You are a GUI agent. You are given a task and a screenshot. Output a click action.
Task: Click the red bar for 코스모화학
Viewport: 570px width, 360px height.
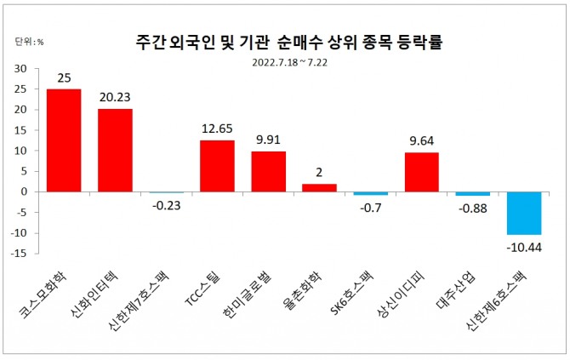click(64, 140)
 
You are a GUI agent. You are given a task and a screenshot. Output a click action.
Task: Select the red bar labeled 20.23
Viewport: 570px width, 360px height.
click(115, 150)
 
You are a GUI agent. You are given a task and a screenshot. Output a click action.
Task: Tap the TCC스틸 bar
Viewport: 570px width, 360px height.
click(217, 166)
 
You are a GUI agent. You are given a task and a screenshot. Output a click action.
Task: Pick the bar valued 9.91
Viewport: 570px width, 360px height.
click(268, 171)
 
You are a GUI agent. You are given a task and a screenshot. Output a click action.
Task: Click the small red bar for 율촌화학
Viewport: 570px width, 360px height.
click(319, 187)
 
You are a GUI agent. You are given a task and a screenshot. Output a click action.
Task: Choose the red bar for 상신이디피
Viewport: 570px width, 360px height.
click(421, 172)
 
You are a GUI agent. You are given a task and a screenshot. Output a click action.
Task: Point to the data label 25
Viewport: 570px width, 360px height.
click(64, 78)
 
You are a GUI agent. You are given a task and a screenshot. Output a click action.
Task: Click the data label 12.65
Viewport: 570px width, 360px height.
click(217, 129)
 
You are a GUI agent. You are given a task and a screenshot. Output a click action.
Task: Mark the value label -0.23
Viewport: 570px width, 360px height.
click(166, 204)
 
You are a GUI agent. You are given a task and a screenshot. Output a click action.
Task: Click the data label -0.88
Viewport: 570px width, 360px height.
click(472, 207)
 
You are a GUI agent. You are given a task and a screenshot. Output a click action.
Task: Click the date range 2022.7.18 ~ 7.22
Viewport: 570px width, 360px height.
click(288, 60)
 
